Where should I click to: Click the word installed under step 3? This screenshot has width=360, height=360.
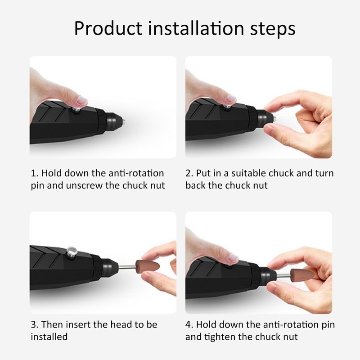pos(49,337)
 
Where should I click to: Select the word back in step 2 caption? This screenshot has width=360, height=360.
pos(196,185)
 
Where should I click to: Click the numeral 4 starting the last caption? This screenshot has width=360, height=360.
pos(188,324)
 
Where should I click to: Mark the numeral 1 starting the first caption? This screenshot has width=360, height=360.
pos(33,173)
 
